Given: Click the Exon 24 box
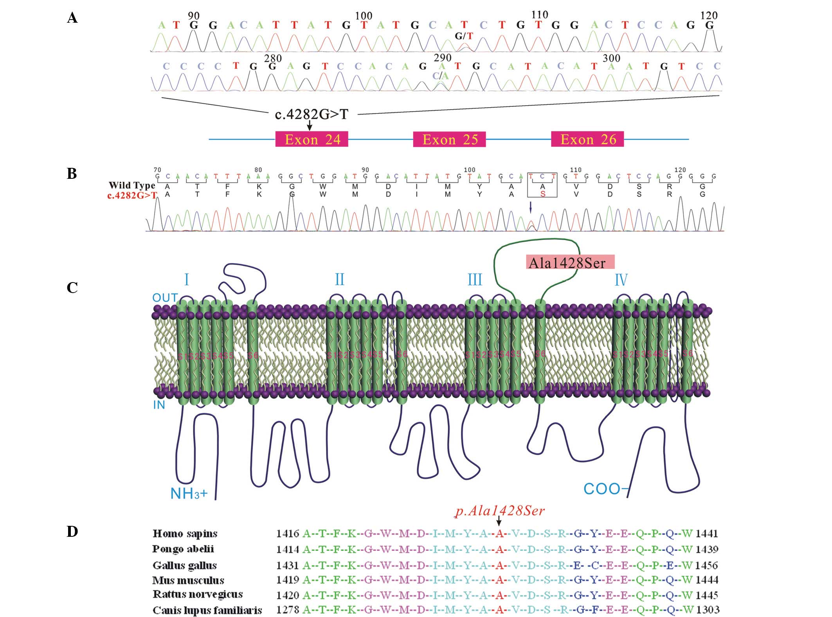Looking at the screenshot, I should point(312,139).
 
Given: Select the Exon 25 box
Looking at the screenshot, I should point(449,139).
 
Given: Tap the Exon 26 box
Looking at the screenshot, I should point(587,139).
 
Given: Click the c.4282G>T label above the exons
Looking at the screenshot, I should point(311,114).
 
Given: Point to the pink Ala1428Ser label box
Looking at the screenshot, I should point(570,263).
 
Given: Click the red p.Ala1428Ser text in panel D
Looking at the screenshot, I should point(500,511).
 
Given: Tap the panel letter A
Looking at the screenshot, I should point(72,18).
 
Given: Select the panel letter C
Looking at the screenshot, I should point(72,288).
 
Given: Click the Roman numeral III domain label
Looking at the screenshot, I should point(475,280).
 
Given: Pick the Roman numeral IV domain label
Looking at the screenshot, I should point(621,280).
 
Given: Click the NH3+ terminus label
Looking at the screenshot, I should point(189,494).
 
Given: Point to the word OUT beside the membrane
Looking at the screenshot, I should point(165,298).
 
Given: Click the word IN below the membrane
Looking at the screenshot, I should point(159,405).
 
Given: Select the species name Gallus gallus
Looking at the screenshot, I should point(184,565).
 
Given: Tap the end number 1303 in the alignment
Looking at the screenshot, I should point(707,610).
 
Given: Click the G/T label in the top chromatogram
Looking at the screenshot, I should point(464,36).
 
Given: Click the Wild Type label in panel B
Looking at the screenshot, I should point(132,185).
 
